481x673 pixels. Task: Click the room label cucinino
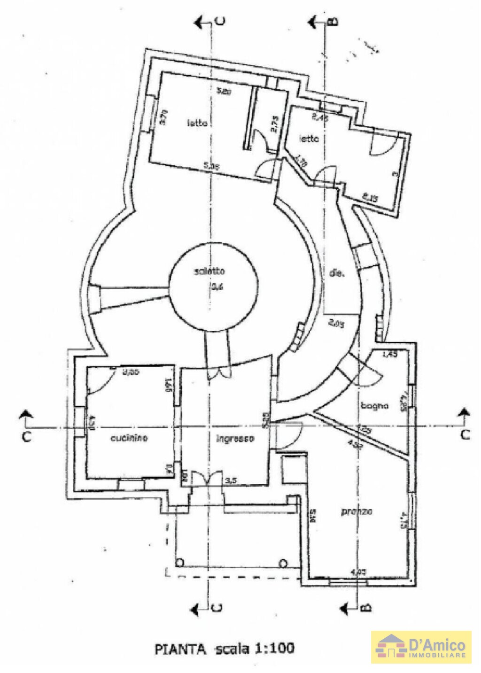[x=129, y=438]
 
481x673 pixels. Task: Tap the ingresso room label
[x=235, y=439]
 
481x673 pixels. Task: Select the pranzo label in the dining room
[x=357, y=511]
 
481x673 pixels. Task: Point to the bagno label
[x=374, y=405]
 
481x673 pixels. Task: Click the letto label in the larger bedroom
[x=197, y=124]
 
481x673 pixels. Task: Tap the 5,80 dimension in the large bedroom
[x=223, y=92]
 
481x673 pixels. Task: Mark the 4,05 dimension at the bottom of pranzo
[x=359, y=572]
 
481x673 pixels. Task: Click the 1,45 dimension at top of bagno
[x=390, y=355]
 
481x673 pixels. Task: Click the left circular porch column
[x=179, y=562]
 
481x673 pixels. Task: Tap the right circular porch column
[x=283, y=563]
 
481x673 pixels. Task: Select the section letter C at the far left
[x=26, y=436]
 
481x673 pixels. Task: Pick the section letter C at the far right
[x=465, y=434]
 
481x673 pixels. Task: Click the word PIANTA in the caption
[x=180, y=649]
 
